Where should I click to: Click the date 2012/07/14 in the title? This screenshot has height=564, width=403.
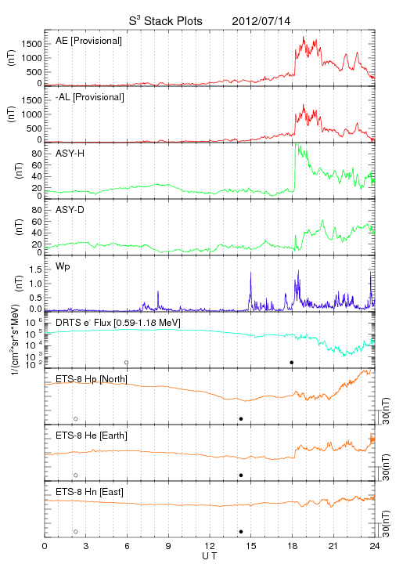pos(261,21)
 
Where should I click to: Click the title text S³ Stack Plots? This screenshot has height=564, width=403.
pos(166,21)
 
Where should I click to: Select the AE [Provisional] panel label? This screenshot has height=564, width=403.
pos(88,41)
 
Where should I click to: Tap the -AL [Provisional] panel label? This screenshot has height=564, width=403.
pos(90,97)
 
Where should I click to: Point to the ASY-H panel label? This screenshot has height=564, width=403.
pos(70,154)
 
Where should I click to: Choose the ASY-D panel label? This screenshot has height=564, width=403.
pos(70,210)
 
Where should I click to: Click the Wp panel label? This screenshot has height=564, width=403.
pos(63,267)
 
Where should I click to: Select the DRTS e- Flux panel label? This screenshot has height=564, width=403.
pos(118,323)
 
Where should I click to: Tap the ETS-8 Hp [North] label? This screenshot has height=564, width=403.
pos(92,379)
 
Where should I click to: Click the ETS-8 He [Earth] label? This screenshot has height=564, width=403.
pos(92,436)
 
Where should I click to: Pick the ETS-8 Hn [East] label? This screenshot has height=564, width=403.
pos(89,492)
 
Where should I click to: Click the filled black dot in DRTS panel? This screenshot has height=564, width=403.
pos(292,362)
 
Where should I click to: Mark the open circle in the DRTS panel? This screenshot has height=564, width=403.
pos(127,362)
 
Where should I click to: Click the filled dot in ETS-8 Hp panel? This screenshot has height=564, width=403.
pos(241,418)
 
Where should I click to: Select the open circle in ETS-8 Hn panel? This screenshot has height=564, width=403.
pos(76,531)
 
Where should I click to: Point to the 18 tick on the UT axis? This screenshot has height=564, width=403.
pos(293,547)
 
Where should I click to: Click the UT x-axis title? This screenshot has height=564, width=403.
pos(210,556)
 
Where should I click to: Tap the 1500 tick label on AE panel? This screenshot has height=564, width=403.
pos(32,44)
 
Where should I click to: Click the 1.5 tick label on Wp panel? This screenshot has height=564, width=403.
pos(36,269)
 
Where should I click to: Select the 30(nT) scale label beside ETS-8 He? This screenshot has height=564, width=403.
pos(386,467)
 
